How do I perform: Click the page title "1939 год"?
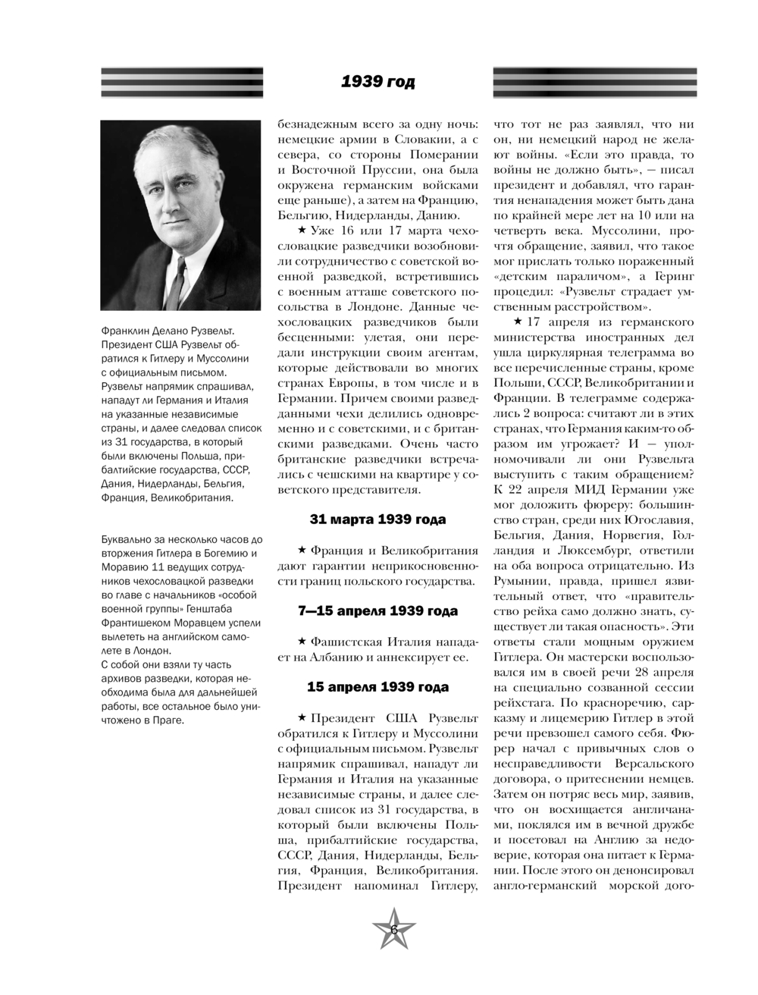coord(377,82)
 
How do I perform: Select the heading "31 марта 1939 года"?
coord(377,519)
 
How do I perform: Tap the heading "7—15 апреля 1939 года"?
coord(377,610)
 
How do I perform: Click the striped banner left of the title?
coord(182,82)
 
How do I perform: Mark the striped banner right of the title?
coord(594,82)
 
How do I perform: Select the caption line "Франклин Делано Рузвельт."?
coord(168,331)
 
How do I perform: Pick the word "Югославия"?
coord(659,519)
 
